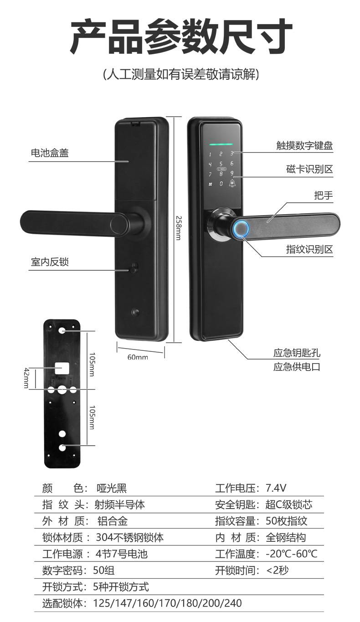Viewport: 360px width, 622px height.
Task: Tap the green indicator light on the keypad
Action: pyautogui.click(x=221, y=144)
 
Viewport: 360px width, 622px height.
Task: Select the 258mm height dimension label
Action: pyautogui.click(x=179, y=228)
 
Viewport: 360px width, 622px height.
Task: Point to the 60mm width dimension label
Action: pyautogui.click(x=138, y=357)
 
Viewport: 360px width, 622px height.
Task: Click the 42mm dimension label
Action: pyautogui.click(x=26, y=378)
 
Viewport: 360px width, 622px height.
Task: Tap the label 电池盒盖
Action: pyautogui.click(x=50, y=153)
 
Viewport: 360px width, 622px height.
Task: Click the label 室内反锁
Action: pyautogui.click(x=50, y=262)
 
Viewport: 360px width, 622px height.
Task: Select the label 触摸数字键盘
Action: pyautogui.click(x=304, y=145)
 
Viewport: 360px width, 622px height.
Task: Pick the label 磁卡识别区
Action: pyautogui.click(x=309, y=169)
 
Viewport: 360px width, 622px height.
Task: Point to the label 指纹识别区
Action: pyautogui.click(x=309, y=249)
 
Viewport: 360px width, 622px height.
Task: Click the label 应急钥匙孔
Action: pyautogui.click(x=297, y=353)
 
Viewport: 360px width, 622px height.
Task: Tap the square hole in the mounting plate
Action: pyautogui.click(x=62, y=368)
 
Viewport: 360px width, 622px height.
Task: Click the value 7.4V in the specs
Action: pyautogui.click(x=276, y=488)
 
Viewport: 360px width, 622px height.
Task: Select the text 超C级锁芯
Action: pyautogui.click(x=289, y=504)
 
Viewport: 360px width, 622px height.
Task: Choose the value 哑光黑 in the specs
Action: pyautogui.click(x=112, y=488)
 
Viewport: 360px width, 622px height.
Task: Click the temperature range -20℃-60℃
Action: pyautogui.click(x=292, y=554)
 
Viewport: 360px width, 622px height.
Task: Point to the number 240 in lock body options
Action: pyautogui.click(x=233, y=603)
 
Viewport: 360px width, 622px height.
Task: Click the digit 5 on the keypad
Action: pyautogui.click(x=221, y=164)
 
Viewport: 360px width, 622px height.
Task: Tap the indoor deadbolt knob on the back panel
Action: pyautogui.click(x=135, y=267)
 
